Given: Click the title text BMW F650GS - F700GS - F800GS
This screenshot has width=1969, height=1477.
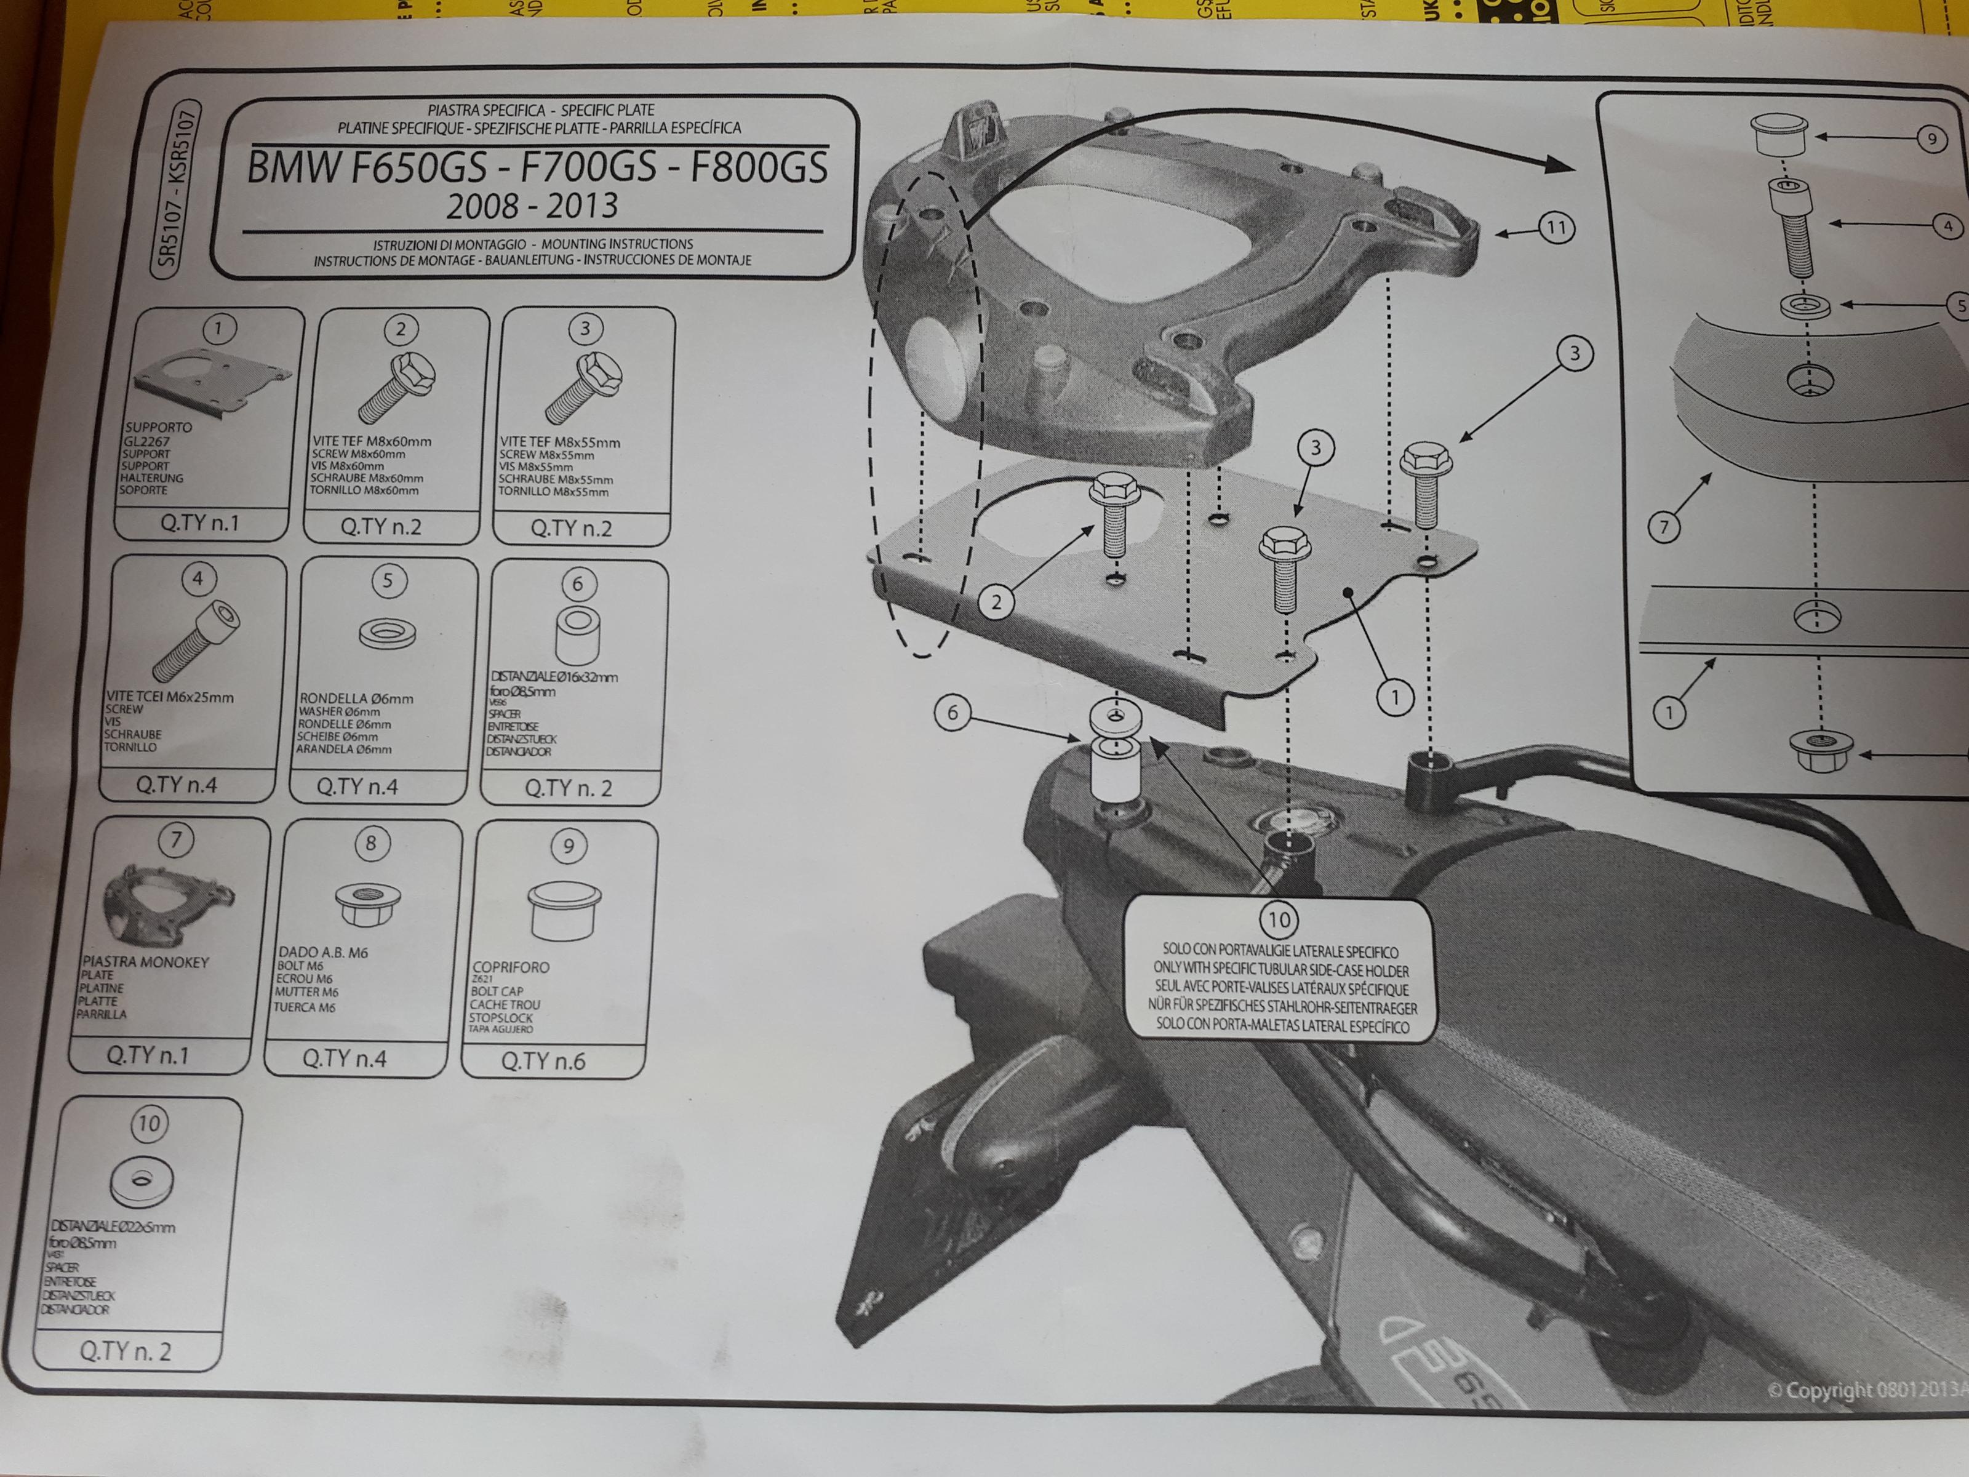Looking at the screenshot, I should [x=536, y=167].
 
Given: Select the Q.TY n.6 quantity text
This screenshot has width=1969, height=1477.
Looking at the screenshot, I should [x=543, y=1060].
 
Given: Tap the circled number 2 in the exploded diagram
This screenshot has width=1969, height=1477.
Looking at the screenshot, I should [x=996, y=602].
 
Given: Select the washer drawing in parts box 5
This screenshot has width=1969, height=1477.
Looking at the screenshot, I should [x=387, y=634].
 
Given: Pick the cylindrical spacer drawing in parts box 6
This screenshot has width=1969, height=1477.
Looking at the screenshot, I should [x=576, y=636].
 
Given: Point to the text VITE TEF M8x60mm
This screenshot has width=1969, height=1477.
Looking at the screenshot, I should [x=371, y=441].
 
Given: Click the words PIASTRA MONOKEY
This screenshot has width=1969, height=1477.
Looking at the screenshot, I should [x=146, y=961].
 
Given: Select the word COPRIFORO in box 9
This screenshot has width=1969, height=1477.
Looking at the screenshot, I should [x=511, y=967].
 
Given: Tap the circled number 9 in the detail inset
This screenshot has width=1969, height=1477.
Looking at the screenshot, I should [x=1931, y=139].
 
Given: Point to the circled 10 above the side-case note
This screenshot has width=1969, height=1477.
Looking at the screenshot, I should [x=1278, y=919].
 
